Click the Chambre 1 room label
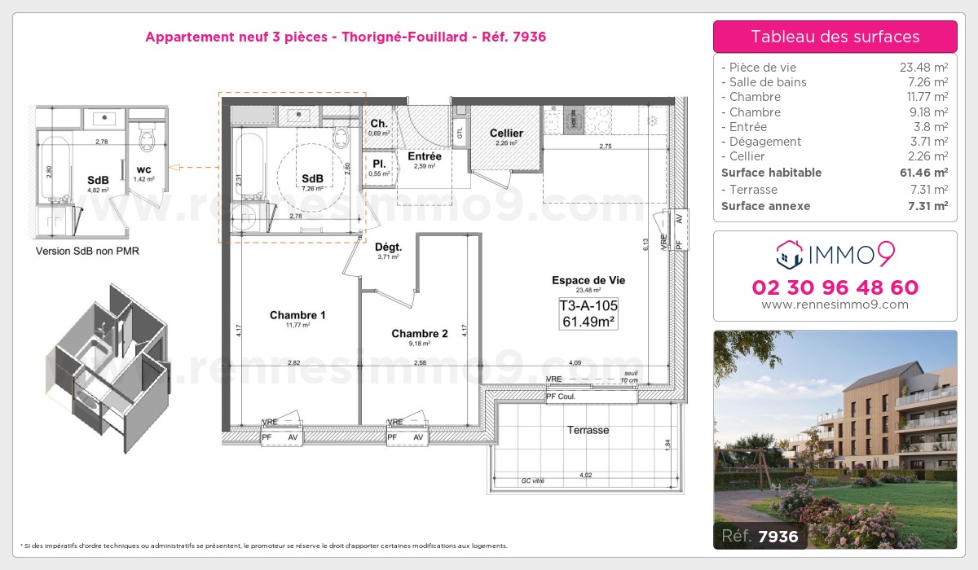[297, 315]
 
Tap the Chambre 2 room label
[420, 333]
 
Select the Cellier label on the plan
[506, 134]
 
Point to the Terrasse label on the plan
[588, 430]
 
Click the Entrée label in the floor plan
[425, 156]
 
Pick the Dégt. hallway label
[387, 247]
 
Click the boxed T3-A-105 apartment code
[588, 306]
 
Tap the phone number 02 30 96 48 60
[835, 287]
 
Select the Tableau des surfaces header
[835, 37]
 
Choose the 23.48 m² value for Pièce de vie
[923, 68]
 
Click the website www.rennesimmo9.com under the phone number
[835, 305]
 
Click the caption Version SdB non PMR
[87, 251]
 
